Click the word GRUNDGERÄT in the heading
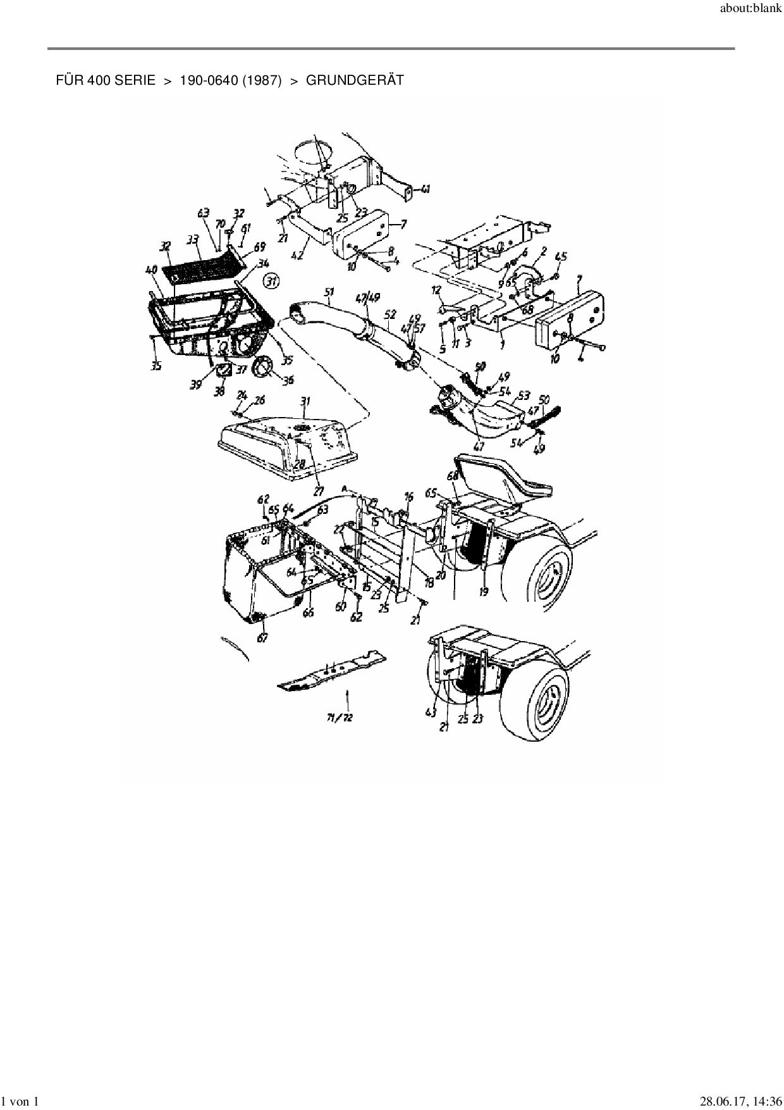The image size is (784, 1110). (355, 81)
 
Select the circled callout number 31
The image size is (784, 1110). (271, 281)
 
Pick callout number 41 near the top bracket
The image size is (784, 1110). (426, 189)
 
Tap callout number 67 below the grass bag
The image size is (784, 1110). (262, 639)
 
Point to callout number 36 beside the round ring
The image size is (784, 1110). (288, 380)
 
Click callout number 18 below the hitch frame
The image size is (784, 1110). (429, 583)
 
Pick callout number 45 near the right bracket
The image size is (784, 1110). (561, 256)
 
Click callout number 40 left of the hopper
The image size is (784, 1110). (152, 270)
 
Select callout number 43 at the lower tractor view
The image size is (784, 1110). (431, 713)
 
